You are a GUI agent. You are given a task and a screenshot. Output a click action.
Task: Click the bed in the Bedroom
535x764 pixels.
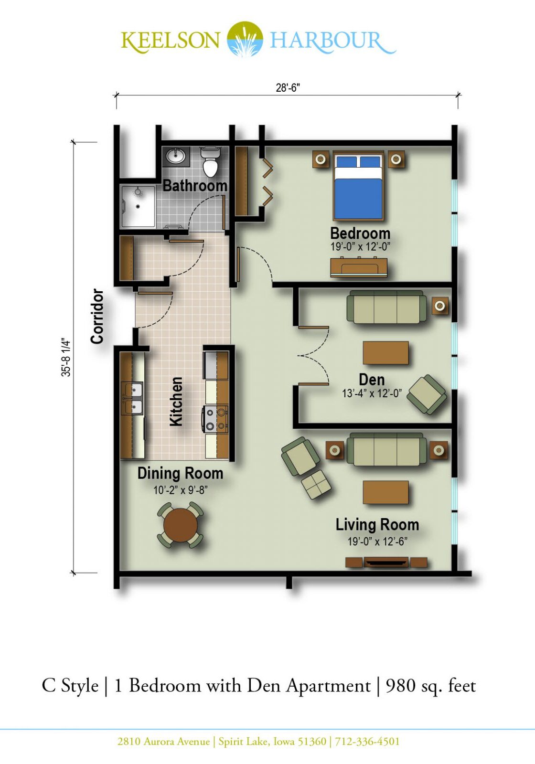point(358,186)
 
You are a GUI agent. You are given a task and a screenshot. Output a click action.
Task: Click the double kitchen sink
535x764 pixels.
point(132,398)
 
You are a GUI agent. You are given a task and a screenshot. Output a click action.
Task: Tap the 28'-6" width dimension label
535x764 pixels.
point(288,88)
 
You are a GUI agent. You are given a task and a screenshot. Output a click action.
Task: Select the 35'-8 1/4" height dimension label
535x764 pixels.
point(66,357)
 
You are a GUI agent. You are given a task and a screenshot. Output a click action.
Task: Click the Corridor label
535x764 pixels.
point(97,316)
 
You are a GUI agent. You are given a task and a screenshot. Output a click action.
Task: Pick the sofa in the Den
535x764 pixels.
point(386,307)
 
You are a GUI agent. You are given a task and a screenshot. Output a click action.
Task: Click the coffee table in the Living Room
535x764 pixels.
point(385,492)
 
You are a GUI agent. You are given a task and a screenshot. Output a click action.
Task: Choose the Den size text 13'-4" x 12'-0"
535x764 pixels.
point(372,393)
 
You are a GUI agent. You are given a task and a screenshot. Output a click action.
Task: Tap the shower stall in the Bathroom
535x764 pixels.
point(138,206)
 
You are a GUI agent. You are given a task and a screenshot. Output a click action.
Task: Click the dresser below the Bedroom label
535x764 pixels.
point(359,267)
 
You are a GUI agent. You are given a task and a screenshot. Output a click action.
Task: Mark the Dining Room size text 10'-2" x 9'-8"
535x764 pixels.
point(181,490)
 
